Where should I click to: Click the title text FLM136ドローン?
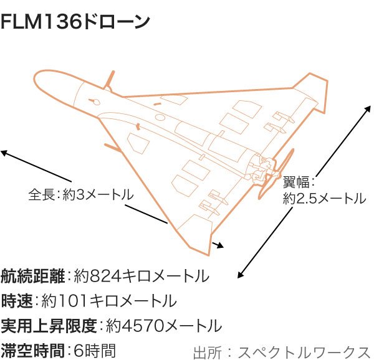[x=75, y=22]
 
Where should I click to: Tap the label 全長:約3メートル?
[x=80, y=194]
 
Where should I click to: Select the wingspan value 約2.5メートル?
[x=324, y=199]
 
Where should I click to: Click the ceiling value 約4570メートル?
[x=163, y=325]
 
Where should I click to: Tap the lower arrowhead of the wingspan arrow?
[x=240, y=275]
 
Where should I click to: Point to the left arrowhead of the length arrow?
[x=4, y=152]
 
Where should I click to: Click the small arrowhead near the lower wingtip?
[x=219, y=245]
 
